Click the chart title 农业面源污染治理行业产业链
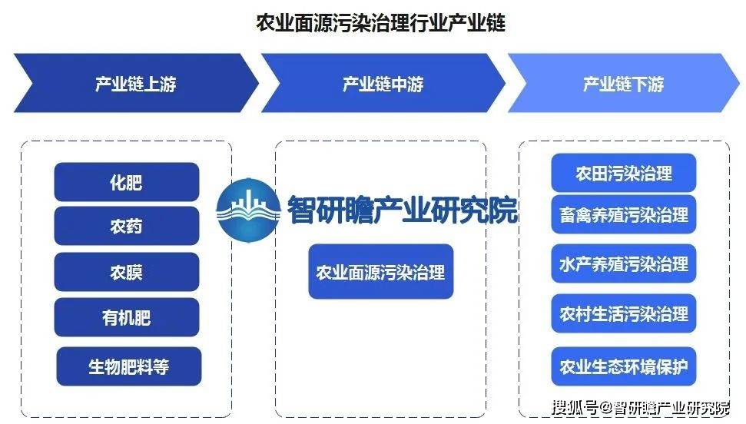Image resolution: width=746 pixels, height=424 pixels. coord(380,22)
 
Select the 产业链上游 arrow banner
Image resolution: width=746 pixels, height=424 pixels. coord(136,83)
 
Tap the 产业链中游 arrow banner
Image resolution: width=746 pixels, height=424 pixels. coord(383,83)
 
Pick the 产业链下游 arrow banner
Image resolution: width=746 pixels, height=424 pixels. coord(624,83)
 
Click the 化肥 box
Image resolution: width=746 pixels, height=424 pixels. coord(127,182)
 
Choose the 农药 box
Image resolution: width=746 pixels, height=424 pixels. coord(127,226)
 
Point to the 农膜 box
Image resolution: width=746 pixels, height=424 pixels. coord(127,272)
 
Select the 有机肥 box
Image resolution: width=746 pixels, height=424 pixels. coord(127,317)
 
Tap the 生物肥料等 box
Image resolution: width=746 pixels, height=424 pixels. coord(129,366)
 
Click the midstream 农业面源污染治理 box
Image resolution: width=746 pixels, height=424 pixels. coord(380,272)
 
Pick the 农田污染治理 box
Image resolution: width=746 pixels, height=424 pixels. coord(624,173)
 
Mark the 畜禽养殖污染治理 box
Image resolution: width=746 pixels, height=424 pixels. coord(624,214)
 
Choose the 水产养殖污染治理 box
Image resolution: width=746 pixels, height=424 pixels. coord(624,263)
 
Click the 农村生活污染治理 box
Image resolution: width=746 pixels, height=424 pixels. coord(624,313)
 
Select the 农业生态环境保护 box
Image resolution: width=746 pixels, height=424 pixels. coord(624,366)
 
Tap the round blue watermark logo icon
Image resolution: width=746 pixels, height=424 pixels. coord(248,210)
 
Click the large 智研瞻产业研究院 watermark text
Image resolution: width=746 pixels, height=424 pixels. coord(402,210)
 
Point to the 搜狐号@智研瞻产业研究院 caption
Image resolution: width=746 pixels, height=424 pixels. coord(641,408)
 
